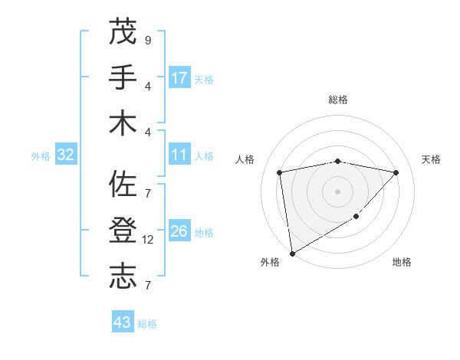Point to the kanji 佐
tap(123, 185)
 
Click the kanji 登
tap(123, 231)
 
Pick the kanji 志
tap(123, 277)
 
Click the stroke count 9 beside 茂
tap(147, 40)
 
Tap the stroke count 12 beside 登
tap(149, 240)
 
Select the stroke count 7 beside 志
tap(147, 286)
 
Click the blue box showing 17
tap(179, 77)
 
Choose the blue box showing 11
tap(179, 155)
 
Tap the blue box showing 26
tap(179, 231)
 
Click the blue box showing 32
tap(66, 155)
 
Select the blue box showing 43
tap(122, 322)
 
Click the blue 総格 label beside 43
tap(147, 324)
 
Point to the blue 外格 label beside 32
tap(41, 156)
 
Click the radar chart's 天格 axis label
tap(431, 159)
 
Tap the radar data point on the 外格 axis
tap(292, 253)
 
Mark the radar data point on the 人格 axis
tap(280, 172)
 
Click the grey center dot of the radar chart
tap(337, 191)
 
